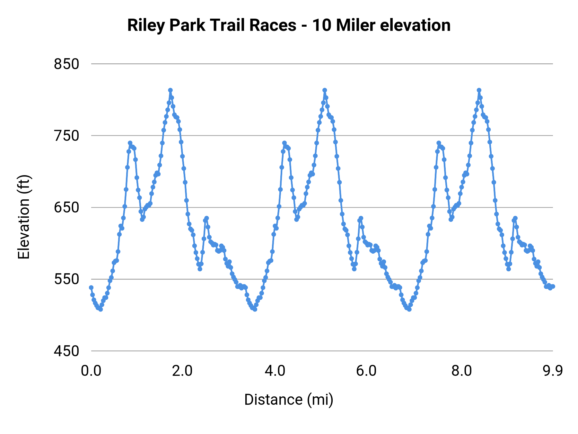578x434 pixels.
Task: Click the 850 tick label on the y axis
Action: click(x=66, y=64)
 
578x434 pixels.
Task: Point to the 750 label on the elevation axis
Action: click(x=66, y=136)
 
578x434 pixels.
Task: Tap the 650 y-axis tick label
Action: click(x=66, y=207)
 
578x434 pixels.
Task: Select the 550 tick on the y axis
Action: click(x=66, y=279)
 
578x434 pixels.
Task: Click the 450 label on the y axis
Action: click(x=66, y=351)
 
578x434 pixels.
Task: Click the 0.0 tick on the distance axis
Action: click(x=91, y=371)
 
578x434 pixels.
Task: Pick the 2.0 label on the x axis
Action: click(x=182, y=371)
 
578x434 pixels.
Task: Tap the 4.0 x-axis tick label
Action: click(x=275, y=371)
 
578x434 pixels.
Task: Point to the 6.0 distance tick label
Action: click(x=366, y=371)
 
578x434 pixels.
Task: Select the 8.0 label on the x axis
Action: click(x=461, y=371)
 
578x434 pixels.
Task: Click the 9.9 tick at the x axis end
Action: click(x=553, y=371)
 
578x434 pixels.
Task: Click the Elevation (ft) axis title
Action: click(x=24, y=217)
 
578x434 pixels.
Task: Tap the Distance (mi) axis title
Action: click(x=289, y=400)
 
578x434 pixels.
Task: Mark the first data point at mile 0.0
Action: click(x=91, y=287)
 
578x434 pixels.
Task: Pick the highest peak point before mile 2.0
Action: click(x=171, y=90)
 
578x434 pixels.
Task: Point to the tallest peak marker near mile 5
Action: click(x=325, y=90)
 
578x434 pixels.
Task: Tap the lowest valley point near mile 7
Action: click(x=409, y=309)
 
